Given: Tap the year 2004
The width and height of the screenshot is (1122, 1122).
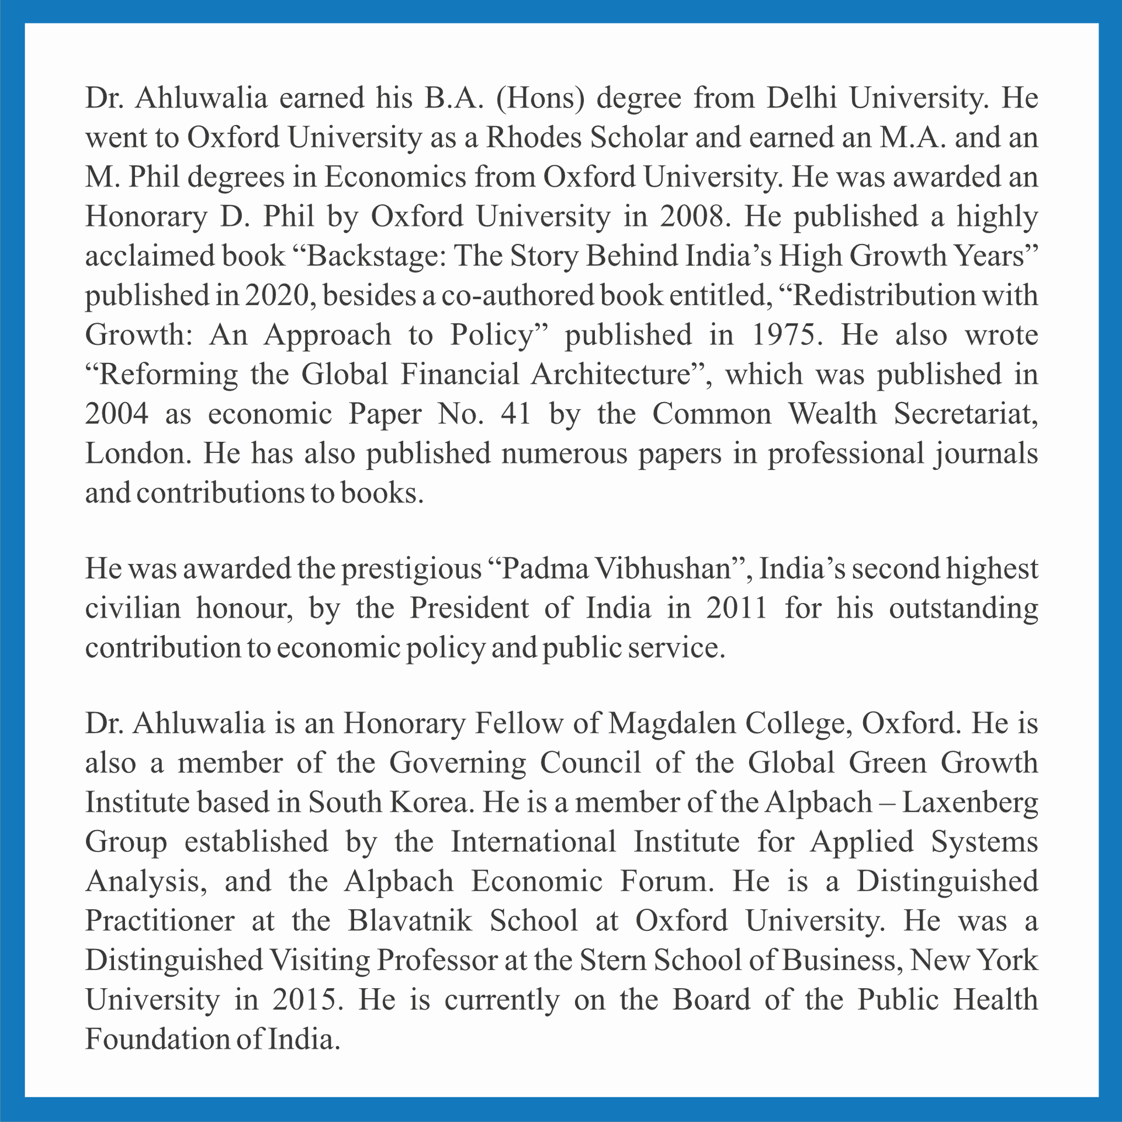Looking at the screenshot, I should click(x=117, y=414).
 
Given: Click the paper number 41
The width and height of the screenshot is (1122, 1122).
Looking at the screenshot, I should click(x=516, y=414).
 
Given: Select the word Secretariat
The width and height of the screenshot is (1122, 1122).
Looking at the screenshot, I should click(x=965, y=414).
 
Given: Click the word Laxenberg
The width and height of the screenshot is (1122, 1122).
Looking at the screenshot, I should click(x=970, y=803).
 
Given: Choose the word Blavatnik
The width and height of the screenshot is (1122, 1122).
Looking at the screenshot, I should click(x=410, y=922).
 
